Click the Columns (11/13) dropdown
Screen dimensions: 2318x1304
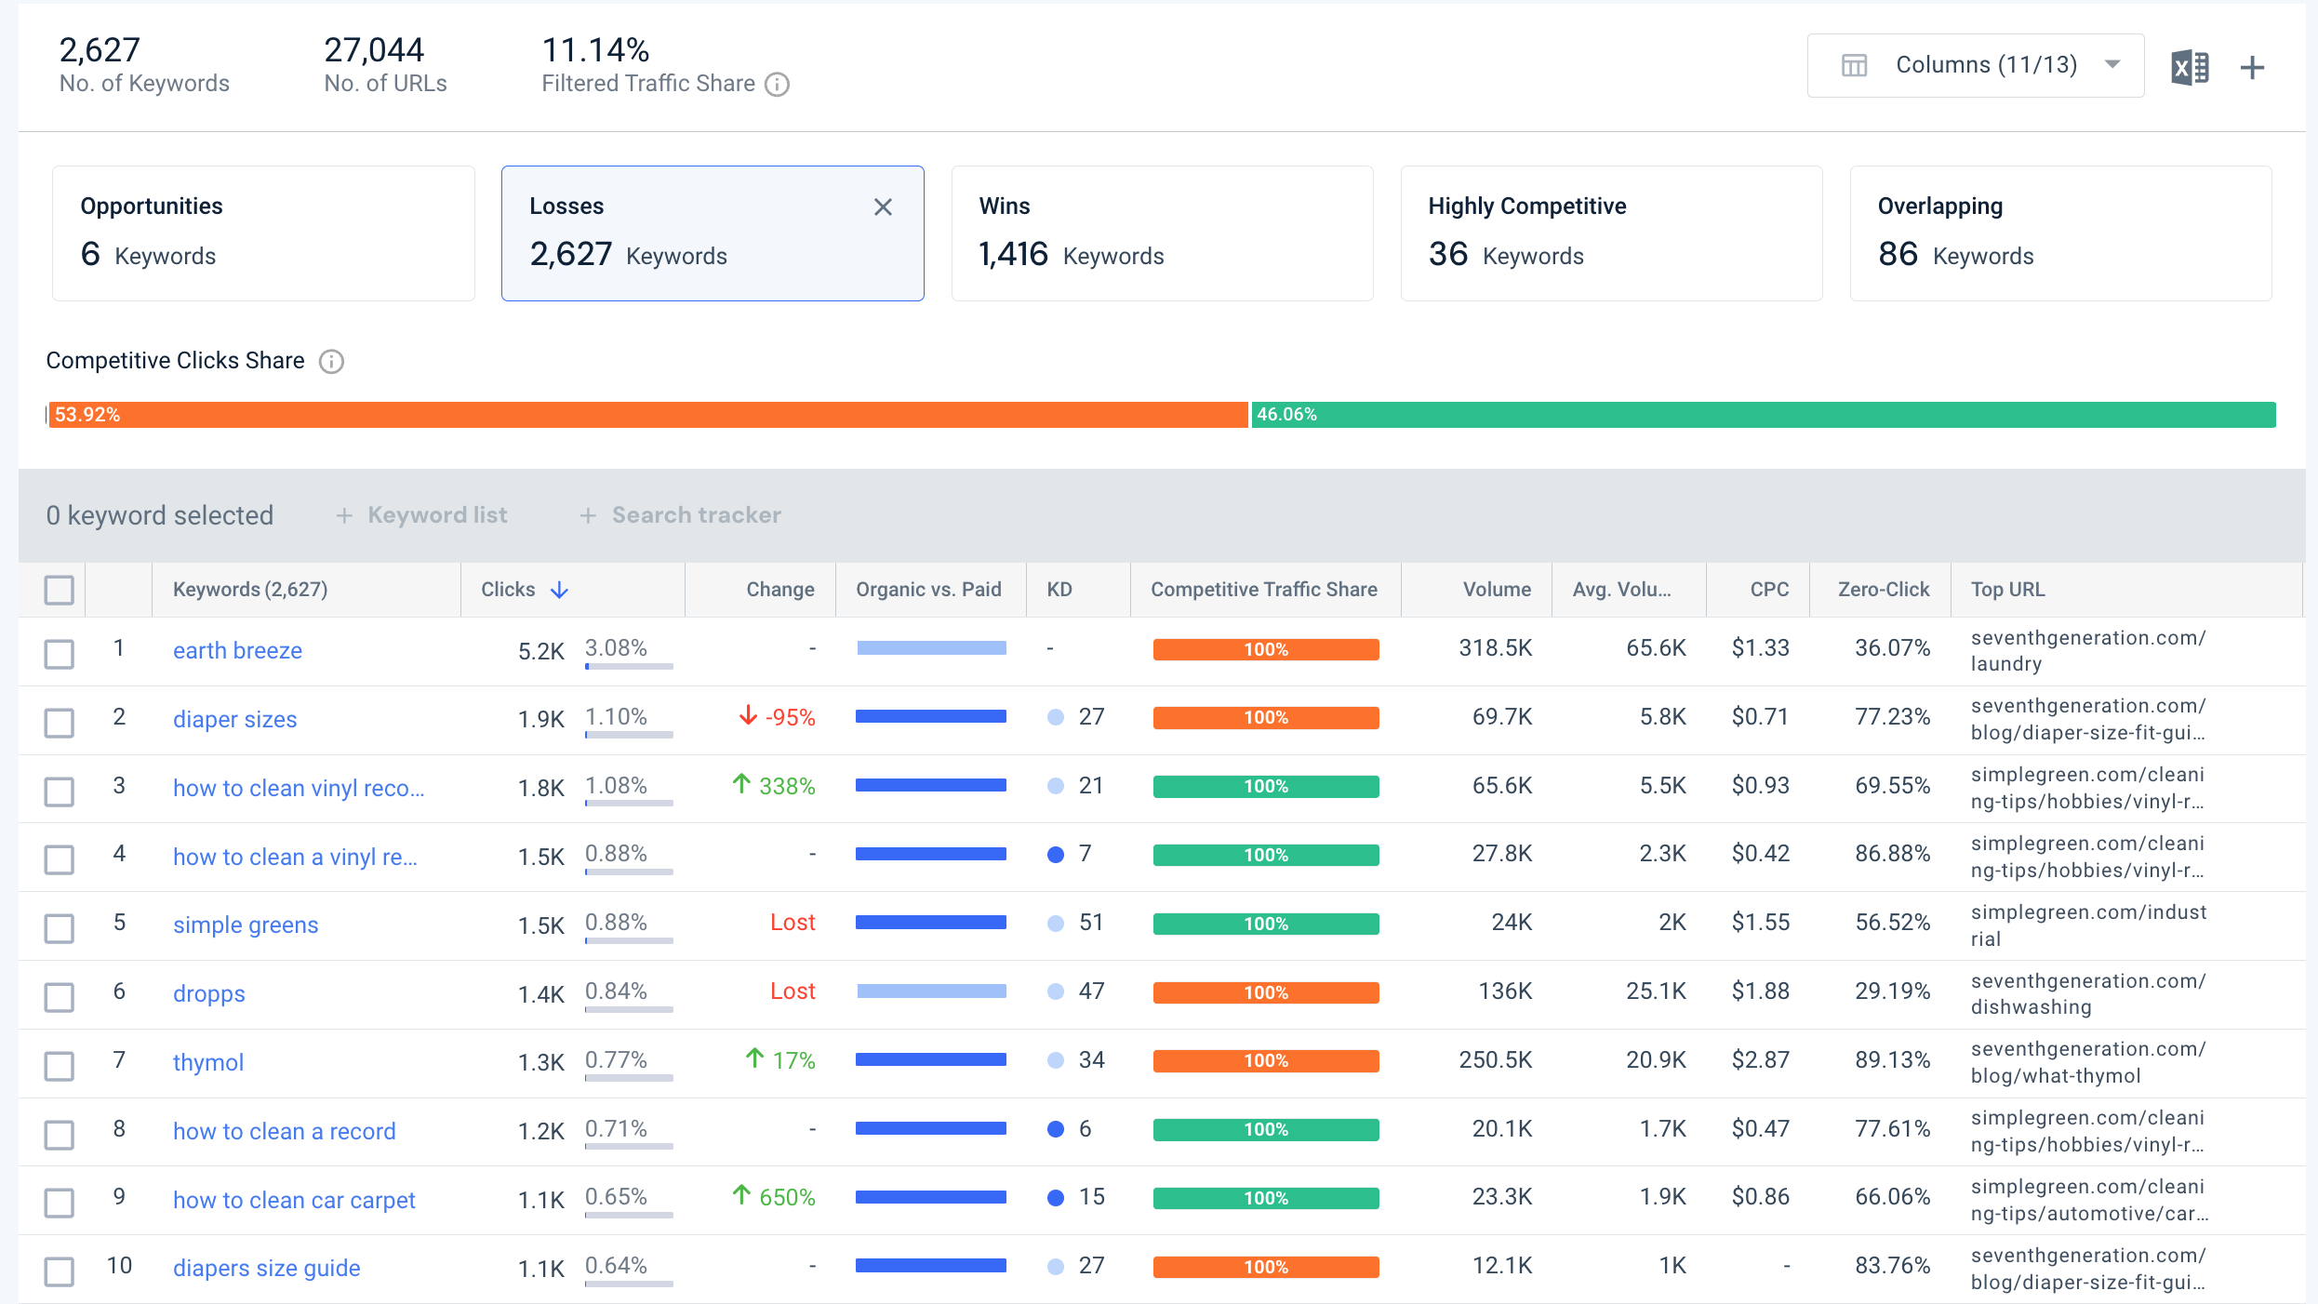pyautogui.click(x=1975, y=65)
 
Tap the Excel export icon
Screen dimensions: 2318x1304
pyautogui.click(x=2190, y=67)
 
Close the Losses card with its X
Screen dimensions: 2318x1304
pyautogui.click(x=883, y=207)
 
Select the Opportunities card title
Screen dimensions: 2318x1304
pyautogui.click(x=152, y=206)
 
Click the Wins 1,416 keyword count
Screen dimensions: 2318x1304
pyautogui.click(x=1013, y=254)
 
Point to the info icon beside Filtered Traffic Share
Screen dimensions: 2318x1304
pyautogui.click(x=777, y=85)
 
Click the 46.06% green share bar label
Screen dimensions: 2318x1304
pyautogui.click(x=1286, y=415)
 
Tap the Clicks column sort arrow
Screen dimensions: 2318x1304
pyautogui.click(x=559, y=590)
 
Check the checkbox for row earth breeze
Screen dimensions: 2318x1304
pyautogui.click(x=60, y=653)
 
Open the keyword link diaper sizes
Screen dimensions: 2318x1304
pyautogui.click(x=234, y=719)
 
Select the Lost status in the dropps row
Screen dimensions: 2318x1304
pyautogui.click(x=793, y=991)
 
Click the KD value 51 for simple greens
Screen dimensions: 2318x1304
pyautogui.click(x=1091, y=923)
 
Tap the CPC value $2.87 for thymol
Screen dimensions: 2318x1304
pyautogui.click(x=1760, y=1060)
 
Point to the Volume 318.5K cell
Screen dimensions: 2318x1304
pyautogui.click(x=1495, y=648)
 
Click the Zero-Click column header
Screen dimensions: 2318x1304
pyautogui.click(x=1884, y=590)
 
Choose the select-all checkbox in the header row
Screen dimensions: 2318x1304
pyautogui.click(x=60, y=590)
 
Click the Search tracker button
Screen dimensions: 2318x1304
pyautogui.click(x=681, y=515)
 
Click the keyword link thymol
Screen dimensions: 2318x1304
pyautogui.click(x=208, y=1062)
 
